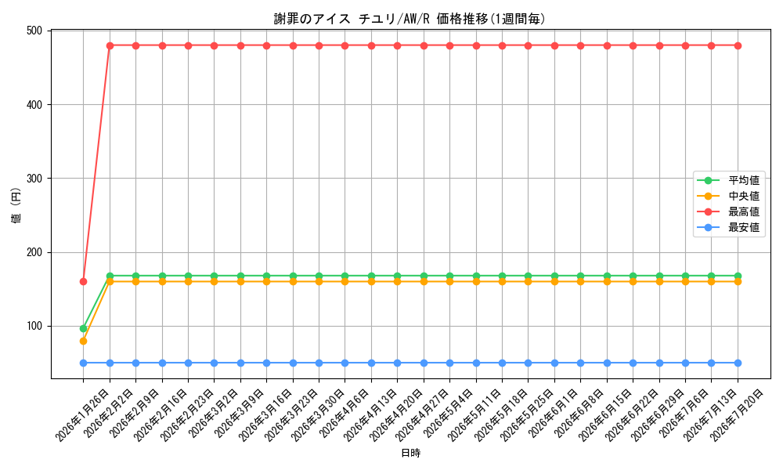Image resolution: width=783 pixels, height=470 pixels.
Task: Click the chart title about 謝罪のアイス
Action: [x=410, y=19]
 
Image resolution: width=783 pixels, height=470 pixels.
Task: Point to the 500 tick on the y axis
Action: [x=34, y=31]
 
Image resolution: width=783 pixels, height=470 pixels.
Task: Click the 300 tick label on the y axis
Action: [x=34, y=179]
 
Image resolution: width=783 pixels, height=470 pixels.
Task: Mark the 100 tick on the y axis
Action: [x=34, y=326]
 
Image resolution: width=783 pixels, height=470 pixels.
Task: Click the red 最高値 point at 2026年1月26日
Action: [x=84, y=282]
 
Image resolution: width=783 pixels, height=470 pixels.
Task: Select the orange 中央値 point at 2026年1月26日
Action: [x=84, y=341]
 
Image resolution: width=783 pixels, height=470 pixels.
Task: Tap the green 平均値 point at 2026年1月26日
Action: [x=84, y=329]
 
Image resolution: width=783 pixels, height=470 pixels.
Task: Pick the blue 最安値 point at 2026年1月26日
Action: [x=84, y=363]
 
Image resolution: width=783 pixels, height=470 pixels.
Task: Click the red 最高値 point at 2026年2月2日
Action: [x=110, y=45]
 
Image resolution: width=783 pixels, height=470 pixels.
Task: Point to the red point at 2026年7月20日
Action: [x=738, y=45]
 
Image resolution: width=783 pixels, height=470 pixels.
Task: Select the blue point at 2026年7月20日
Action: [x=738, y=363]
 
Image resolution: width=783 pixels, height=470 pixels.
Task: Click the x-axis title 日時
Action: [x=410, y=453]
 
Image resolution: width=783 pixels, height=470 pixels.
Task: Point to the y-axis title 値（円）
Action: [x=16, y=204]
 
